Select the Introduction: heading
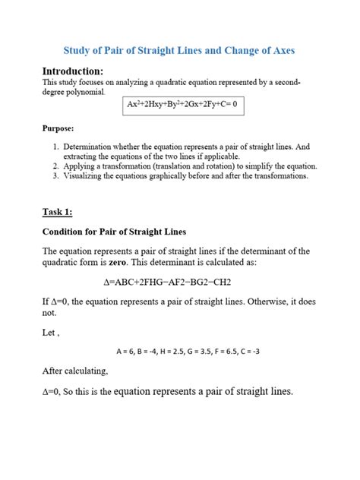coord(74,71)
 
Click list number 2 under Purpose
coord(55,165)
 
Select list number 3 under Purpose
coord(55,175)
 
